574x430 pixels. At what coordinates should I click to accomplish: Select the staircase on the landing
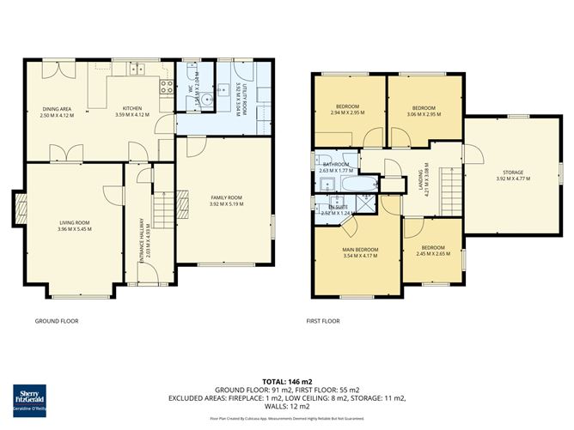(446, 182)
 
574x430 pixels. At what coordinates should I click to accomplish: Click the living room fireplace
(19, 205)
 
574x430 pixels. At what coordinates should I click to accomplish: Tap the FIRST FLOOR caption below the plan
(323, 321)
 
